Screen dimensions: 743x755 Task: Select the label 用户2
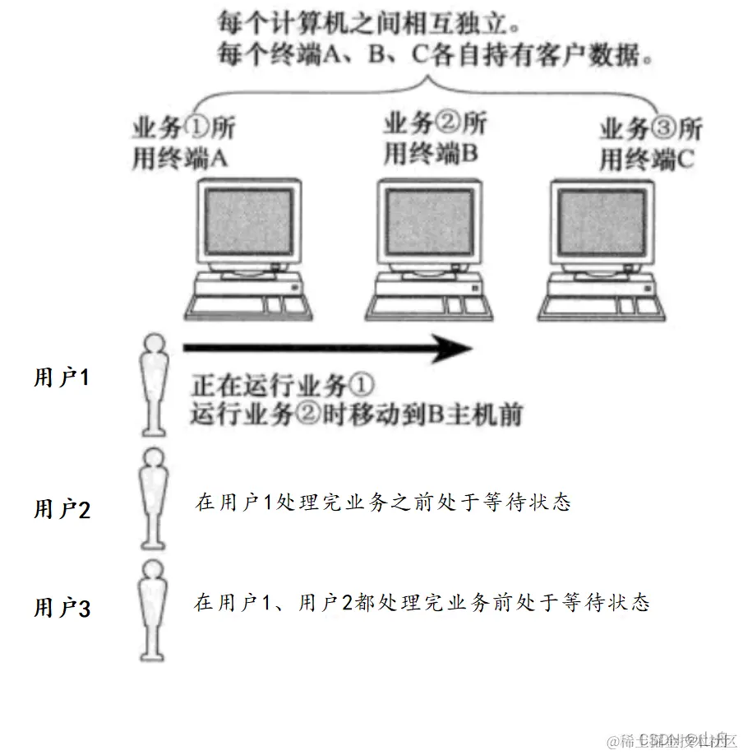click(x=62, y=509)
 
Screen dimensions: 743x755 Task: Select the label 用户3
click(x=62, y=608)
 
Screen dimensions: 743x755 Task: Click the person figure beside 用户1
click(x=152, y=382)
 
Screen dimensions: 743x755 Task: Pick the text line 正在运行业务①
click(x=282, y=384)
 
